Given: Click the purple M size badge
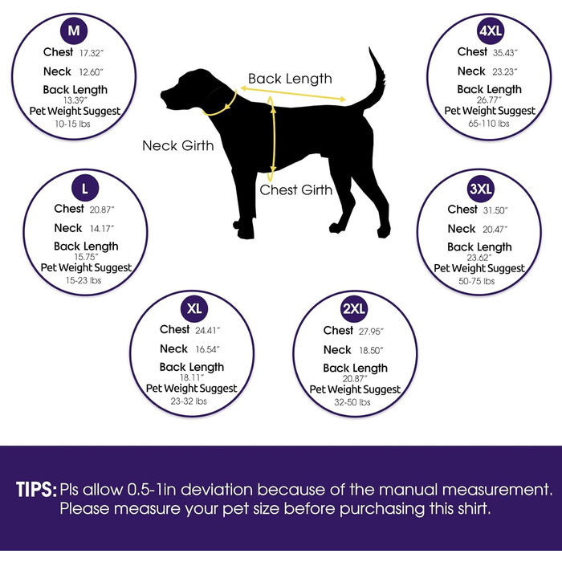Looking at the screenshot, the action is click(74, 31).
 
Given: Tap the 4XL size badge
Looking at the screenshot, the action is click(491, 31).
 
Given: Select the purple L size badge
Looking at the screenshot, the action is click(85, 188).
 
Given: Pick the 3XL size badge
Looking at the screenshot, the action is click(481, 189).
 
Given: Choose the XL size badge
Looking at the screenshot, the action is click(194, 308).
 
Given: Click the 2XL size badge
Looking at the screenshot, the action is click(354, 309).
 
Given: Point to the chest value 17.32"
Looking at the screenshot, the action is click(92, 53).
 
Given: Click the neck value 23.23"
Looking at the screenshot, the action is click(505, 71).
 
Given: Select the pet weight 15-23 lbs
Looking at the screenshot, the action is click(83, 280).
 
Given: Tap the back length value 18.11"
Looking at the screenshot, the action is click(192, 377).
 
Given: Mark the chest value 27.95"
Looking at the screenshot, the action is click(371, 332).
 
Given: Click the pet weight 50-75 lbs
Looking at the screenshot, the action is click(477, 281).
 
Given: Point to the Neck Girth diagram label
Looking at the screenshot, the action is click(178, 145).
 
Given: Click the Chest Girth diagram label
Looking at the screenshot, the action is click(296, 190).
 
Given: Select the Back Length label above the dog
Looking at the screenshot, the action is click(291, 79).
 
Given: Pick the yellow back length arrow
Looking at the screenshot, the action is click(293, 94).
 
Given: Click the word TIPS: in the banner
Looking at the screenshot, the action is click(37, 489).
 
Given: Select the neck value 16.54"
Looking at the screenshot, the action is click(208, 349).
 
